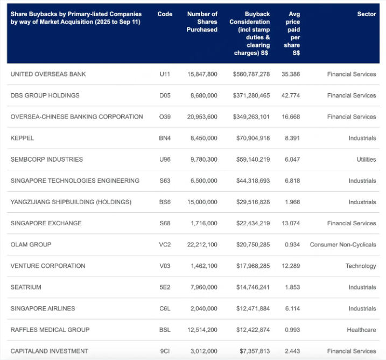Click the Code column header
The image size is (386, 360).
165,14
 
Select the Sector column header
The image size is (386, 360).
367,14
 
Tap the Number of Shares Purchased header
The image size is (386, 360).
202,22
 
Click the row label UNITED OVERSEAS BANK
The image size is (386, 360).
48,74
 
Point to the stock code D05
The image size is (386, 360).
165,95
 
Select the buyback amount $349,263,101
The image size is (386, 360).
251,116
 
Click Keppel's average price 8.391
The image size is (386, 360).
292,138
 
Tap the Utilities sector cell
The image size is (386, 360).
366,160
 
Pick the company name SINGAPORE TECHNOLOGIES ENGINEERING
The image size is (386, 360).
75,181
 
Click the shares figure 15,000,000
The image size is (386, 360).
202,202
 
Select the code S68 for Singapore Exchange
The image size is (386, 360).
165,223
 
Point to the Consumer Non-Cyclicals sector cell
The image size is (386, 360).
343,245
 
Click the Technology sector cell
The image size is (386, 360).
361,266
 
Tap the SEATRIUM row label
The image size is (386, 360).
26,287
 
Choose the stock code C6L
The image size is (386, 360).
165,308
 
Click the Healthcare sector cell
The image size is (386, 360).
361,330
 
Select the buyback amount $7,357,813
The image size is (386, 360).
255,351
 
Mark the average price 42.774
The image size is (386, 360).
291,95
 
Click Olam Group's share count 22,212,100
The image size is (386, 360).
202,245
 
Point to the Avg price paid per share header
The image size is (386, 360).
292,33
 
